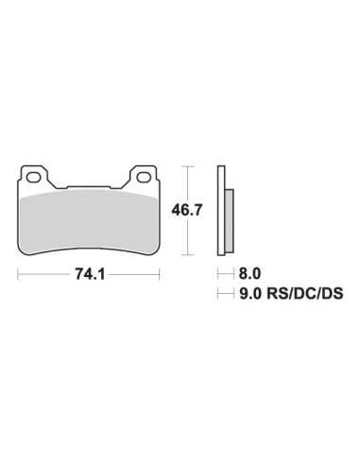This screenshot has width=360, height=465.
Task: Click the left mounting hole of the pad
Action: (33, 177)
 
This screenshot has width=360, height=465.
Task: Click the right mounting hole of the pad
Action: (145, 177)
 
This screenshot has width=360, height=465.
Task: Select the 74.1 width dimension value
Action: (90, 274)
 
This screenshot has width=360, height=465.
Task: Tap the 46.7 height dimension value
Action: (186, 210)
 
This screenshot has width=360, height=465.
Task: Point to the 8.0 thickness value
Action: (249, 273)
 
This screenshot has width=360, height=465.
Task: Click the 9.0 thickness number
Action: (250, 294)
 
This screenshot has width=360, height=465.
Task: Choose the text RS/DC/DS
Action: (305, 294)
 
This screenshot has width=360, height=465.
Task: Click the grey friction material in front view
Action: (90, 222)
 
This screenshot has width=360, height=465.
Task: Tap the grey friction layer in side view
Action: (230, 220)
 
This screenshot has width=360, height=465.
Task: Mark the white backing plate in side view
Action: (221, 211)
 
